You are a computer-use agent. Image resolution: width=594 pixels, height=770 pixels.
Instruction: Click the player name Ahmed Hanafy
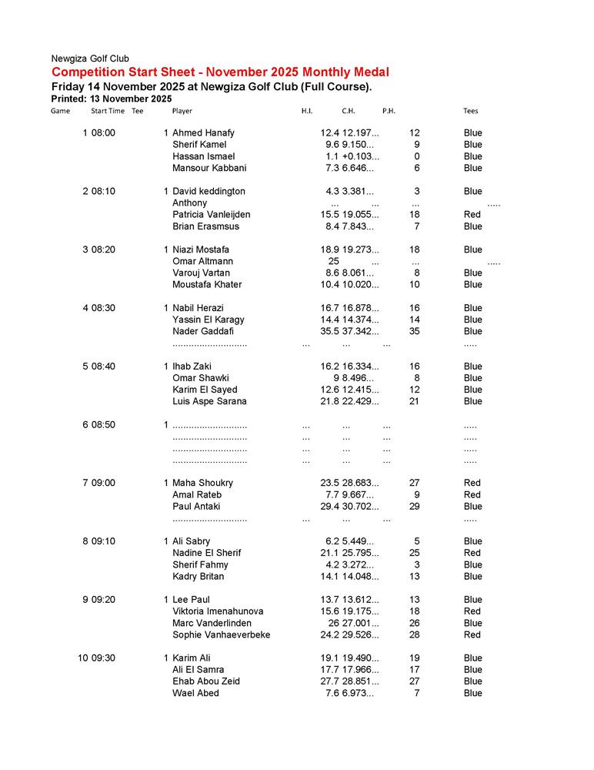point(203,133)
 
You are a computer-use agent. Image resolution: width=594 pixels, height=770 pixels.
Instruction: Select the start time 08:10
point(103,191)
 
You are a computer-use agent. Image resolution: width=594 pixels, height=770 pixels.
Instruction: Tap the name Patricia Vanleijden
point(211,215)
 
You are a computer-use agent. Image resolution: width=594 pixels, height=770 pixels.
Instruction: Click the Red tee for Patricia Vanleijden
point(472,215)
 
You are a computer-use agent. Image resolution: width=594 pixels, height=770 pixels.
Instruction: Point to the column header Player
point(182,111)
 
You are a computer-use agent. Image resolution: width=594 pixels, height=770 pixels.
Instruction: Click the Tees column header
point(470,111)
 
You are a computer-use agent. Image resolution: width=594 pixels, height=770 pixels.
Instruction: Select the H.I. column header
point(306,111)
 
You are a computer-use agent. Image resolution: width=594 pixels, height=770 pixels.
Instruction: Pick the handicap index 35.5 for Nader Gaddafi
point(329,331)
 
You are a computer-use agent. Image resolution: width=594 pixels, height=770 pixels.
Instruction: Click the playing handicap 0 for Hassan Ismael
point(416,156)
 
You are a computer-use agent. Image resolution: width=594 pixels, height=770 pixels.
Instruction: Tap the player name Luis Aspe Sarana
point(209,401)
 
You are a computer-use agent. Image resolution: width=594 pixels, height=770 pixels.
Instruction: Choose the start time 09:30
point(103,658)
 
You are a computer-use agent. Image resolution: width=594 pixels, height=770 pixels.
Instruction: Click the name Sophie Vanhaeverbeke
point(221,634)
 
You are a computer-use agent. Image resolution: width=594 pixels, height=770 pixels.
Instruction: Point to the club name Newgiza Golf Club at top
point(90,59)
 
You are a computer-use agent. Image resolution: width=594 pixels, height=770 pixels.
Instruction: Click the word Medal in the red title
point(369,72)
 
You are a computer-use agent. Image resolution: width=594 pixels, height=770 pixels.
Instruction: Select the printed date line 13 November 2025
point(111,99)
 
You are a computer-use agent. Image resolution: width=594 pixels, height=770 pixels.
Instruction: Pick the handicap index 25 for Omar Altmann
point(333,261)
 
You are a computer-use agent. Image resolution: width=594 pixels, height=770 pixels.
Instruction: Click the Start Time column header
point(108,111)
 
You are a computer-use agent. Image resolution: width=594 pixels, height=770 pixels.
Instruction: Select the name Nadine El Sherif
point(206,553)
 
